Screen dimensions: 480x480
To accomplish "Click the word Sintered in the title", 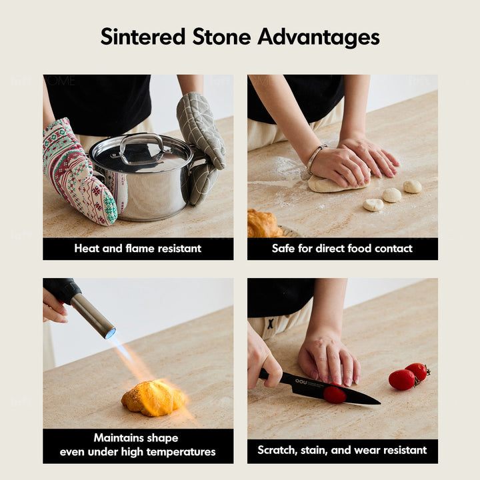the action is pyautogui.click(x=143, y=37).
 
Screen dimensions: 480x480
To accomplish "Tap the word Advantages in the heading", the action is pyautogui.click(x=319, y=37).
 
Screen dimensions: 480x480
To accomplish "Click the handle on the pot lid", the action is pyautogui.click(x=142, y=145).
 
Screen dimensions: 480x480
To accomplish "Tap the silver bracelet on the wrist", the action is pyautogui.click(x=315, y=159).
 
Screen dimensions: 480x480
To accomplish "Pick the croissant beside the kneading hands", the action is pyautogui.click(x=264, y=224).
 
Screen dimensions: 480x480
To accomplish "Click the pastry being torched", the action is pyautogui.click(x=154, y=399).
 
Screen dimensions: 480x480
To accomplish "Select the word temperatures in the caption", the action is pyautogui.click(x=181, y=452).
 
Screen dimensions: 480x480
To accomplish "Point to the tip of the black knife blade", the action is pyautogui.click(x=380, y=403).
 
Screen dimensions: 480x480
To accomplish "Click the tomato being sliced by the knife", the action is pyautogui.click(x=335, y=394).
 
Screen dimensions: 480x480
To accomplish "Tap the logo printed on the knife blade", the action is pyautogui.click(x=301, y=382).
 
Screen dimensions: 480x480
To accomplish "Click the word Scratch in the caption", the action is pyautogui.click(x=278, y=450).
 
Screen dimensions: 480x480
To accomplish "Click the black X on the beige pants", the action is pyautogui.click(x=270, y=323).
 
